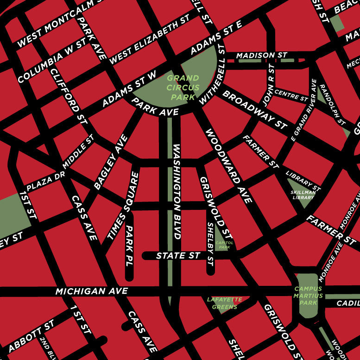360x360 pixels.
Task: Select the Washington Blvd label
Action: click(177, 191)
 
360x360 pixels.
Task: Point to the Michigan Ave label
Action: click(91, 291)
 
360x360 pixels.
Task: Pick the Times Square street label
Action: click(123, 206)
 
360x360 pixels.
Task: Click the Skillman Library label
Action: click(303, 195)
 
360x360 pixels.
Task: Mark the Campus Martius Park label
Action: click(308, 296)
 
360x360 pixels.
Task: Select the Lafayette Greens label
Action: click(225, 303)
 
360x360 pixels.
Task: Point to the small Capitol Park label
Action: click(225, 245)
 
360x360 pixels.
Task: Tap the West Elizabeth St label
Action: click(149, 39)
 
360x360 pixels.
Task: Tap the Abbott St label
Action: click(31, 335)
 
